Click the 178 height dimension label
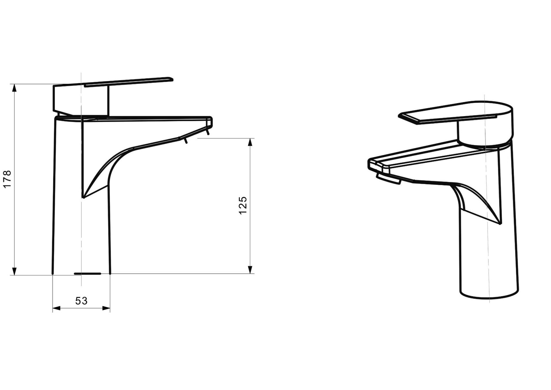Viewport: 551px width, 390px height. pos(7,179)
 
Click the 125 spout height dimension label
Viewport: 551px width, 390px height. pos(243,205)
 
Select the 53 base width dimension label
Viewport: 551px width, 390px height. pos(81,301)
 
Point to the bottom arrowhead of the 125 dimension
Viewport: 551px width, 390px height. pos(251,269)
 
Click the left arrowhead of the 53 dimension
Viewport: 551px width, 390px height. pos(57,308)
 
